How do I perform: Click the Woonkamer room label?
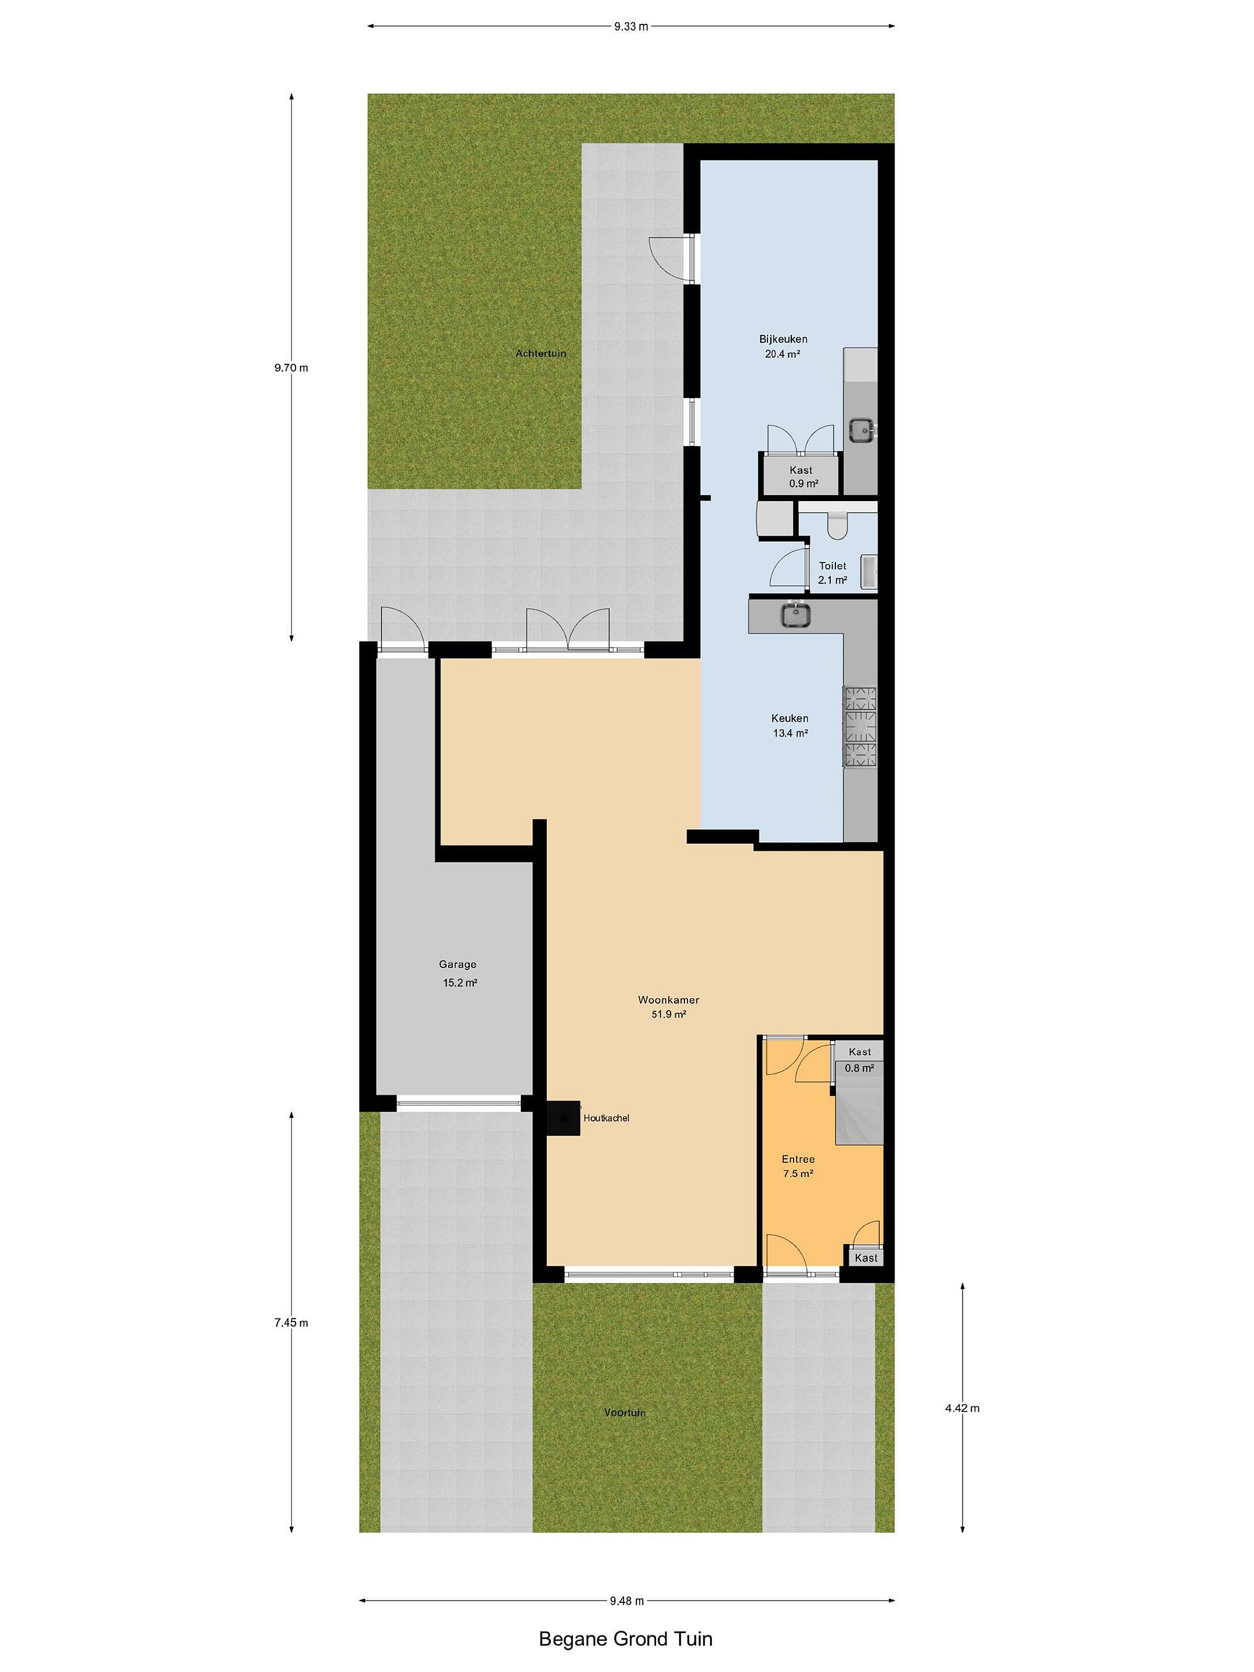point(668,1007)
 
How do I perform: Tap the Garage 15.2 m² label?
point(458,974)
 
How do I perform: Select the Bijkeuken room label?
point(783,346)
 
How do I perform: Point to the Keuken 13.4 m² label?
point(790,726)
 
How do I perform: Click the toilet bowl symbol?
point(837,525)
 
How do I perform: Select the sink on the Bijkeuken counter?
point(861,430)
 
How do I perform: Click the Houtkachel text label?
point(606,1118)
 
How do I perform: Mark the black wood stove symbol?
point(564,1117)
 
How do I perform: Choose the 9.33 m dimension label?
point(631,27)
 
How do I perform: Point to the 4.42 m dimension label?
point(962,1408)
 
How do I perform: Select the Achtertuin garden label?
point(540,353)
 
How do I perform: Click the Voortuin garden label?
point(625,1412)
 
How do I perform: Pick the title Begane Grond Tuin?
point(625,1639)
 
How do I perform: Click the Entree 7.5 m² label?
point(798,1166)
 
